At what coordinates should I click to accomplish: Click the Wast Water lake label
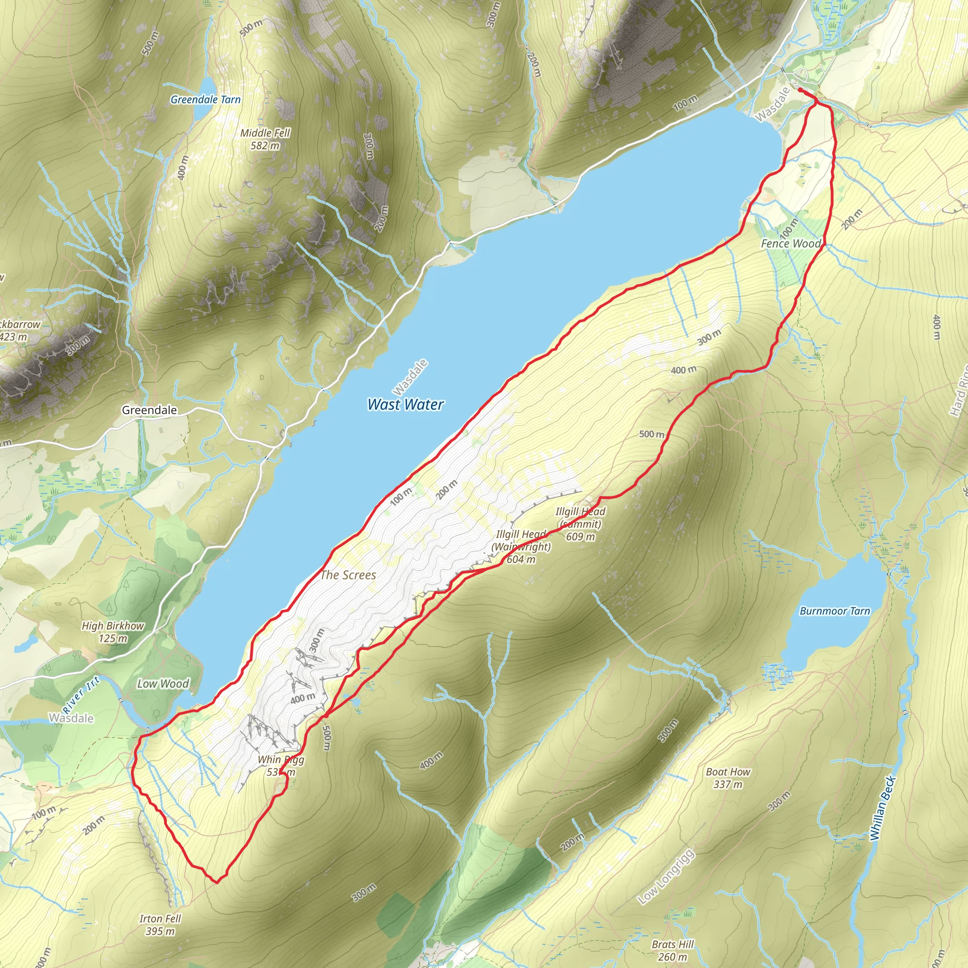coord(406,404)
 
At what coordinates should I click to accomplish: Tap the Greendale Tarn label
coord(206,100)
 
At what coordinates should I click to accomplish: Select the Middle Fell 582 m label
coord(265,139)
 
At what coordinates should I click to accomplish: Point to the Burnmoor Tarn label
coord(835,611)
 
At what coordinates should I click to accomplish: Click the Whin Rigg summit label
coord(281,766)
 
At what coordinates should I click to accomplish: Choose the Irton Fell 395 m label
coord(160,925)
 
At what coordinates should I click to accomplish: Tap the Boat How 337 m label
coord(728,778)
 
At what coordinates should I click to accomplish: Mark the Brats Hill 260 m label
coord(673,951)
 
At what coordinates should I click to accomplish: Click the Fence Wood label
coord(791,243)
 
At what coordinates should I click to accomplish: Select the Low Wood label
coord(163,684)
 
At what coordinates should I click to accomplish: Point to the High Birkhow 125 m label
coord(113,632)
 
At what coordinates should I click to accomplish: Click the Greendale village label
coord(149,410)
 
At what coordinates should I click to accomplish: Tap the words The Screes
coord(348,575)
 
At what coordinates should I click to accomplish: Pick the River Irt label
coord(81,695)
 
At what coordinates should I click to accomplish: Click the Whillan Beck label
coord(882,808)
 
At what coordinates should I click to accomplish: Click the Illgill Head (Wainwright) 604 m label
coord(521,547)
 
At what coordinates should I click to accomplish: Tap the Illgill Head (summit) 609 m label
coord(580,524)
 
